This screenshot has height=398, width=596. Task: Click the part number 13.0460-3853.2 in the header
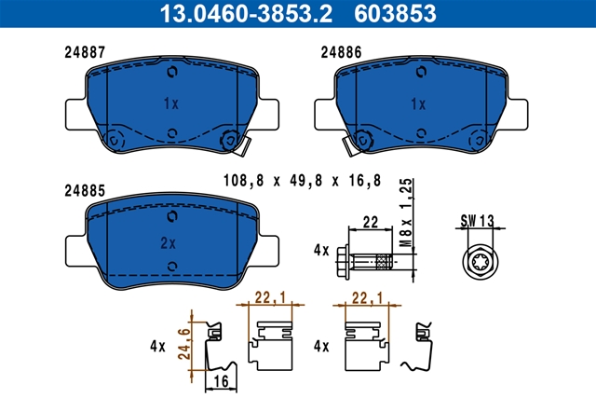point(246,13)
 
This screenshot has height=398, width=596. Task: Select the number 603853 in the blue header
point(395,13)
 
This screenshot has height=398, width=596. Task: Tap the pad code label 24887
point(85,52)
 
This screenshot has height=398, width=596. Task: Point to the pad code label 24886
point(341,52)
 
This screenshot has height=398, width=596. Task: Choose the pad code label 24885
point(85,191)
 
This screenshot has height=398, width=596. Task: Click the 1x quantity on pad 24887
point(171,103)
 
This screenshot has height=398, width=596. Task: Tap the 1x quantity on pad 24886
point(418,104)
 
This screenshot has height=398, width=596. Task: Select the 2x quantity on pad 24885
point(168,243)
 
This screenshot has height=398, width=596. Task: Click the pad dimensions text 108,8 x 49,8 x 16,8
point(302,180)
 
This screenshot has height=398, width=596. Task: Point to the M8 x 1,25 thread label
point(406,213)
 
